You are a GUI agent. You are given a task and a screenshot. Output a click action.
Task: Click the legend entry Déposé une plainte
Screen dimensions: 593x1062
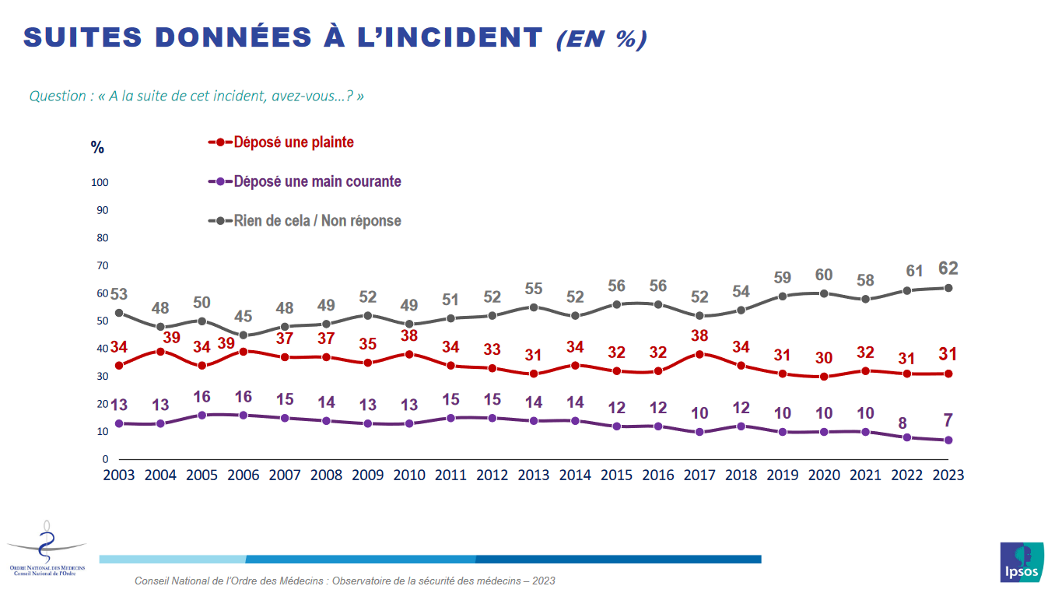[x=293, y=142]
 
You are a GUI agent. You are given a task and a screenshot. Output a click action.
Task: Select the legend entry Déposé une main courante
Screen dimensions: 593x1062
[x=317, y=181]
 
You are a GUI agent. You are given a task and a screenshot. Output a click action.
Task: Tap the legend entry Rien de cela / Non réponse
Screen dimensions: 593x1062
[x=317, y=221]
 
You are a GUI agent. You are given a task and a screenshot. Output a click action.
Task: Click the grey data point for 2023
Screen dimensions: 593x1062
[x=948, y=288]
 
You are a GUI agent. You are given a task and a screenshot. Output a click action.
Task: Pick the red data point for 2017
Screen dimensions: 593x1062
[x=699, y=354]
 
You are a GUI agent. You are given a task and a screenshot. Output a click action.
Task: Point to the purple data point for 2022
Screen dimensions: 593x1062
[x=906, y=437]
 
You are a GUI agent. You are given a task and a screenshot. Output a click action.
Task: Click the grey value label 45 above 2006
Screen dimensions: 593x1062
[x=243, y=316]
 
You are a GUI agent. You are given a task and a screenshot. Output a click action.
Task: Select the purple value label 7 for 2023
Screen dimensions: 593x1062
[x=948, y=421]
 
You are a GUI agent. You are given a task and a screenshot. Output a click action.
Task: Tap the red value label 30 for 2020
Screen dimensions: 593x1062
[x=824, y=358]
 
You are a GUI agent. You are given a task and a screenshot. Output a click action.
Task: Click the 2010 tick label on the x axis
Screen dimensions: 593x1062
[x=408, y=475]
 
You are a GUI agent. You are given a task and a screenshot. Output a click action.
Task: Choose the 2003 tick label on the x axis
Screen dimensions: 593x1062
[x=119, y=475]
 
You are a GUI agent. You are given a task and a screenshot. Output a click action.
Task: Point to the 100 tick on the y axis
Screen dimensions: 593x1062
[x=100, y=183]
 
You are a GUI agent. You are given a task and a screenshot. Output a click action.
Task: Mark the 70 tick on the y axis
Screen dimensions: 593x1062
[x=102, y=266]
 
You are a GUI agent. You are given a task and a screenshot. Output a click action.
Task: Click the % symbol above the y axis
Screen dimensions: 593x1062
[x=97, y=148]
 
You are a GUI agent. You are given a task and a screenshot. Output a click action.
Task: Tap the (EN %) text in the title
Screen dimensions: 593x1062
[x=601, y=39]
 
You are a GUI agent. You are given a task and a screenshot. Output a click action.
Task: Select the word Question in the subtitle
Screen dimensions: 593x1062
[x=58, y=96]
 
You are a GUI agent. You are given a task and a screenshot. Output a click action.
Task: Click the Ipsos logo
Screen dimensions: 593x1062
[x=1021, y=561]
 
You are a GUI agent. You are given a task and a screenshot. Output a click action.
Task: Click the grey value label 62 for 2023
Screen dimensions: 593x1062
[x=948, y=268]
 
